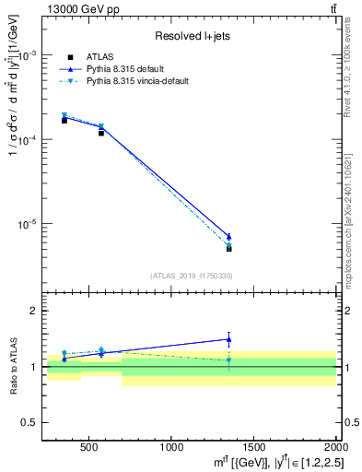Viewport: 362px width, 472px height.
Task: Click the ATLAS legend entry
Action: (x=99, y=56)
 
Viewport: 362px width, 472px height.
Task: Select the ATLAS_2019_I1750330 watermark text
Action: (x=191, y=276)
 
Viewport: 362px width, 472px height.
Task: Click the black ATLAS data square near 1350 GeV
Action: (x=229, y=248)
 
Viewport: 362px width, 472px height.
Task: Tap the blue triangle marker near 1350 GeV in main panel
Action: (x=229, y=237)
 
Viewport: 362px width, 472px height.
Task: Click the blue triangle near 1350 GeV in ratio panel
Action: (x=229, y=339)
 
